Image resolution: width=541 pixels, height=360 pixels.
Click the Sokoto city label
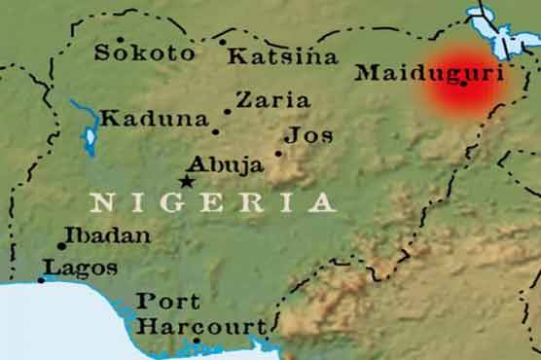tap(144, 54)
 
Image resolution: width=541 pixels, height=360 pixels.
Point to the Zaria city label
tap(273, 100)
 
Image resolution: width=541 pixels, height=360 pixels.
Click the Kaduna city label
tap(155, 121)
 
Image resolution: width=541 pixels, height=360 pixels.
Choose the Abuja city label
tap(226, 164)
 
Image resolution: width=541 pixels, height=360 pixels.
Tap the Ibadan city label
tap(110, 236)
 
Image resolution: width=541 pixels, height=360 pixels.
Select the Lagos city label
tap(81, 268)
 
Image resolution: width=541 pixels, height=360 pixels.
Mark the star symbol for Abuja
tap(187, 180)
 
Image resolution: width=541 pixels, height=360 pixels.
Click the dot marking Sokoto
tap(121, 41)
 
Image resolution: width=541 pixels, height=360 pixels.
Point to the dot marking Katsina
tap(223, 42)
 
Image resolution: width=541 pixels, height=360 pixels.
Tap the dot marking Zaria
tap(229, 112)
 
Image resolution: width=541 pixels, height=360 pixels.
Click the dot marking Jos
tap(278, 153)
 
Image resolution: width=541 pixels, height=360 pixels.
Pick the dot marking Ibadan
tap(61, 246)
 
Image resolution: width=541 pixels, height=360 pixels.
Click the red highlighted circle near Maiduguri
tap(462, 83)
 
